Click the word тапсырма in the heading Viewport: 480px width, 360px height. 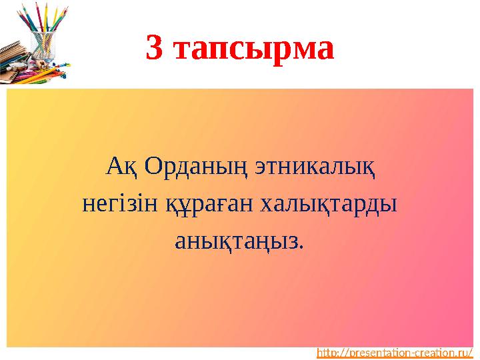(x=254, y=49)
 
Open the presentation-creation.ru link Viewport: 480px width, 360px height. (x=395, y=351)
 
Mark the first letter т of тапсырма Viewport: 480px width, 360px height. (x=183, y=49)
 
